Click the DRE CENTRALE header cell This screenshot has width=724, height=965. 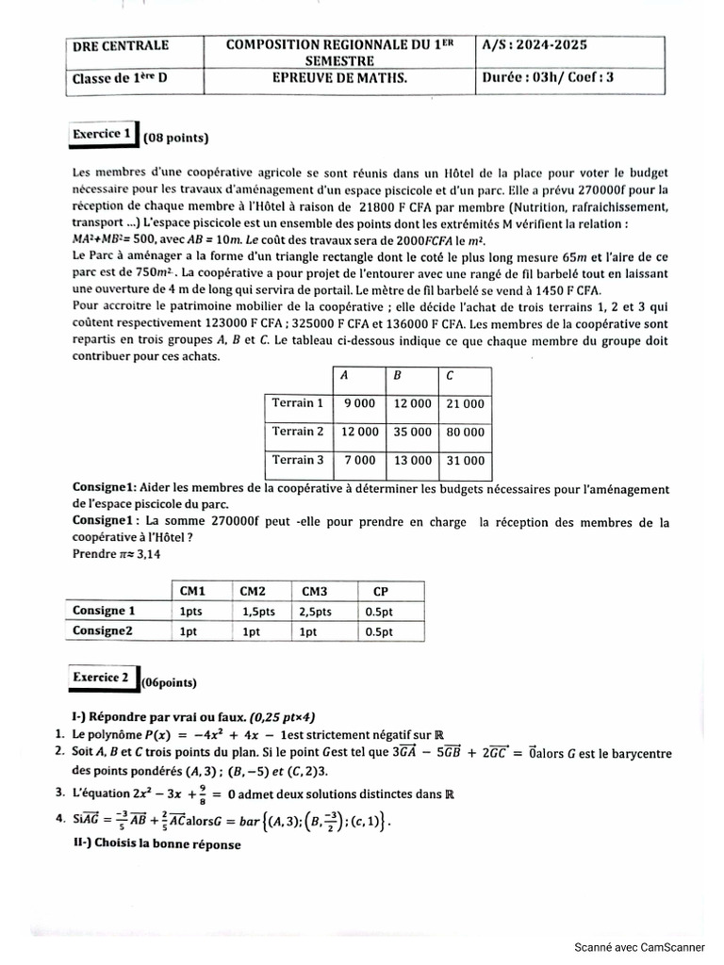click(120, 45)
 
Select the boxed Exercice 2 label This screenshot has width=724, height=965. click(102, 678)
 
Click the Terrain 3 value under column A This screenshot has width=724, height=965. click(358, 461)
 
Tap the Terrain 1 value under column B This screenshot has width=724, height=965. click(411, 403)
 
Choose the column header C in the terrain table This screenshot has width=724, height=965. click(450, 375)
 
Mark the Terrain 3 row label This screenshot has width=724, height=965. click(297, 460)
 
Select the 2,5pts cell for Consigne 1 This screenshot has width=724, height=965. click(317, 612)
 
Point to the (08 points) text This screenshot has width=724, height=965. click(176, 139)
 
